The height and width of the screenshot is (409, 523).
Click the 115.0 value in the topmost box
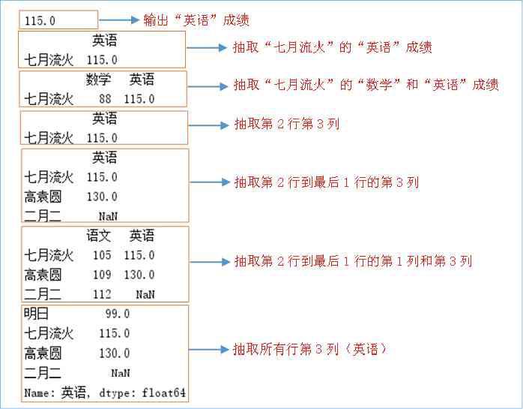[40, 21]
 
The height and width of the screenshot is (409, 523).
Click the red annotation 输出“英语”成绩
[196, 20]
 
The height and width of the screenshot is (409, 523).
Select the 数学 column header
[99, 79]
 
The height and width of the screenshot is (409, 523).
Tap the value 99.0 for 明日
[117, 314]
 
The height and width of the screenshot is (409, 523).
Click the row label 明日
[36, 314]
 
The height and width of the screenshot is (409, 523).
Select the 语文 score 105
[102, 255]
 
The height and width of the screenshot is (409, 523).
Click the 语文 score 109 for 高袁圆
[102, 275]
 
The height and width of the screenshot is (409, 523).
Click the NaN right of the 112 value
[145, 294]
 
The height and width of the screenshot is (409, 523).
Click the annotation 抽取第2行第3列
[287, 124]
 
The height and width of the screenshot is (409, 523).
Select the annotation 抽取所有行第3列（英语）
[309, 349]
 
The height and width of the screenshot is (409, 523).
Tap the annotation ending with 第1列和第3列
[353, 261]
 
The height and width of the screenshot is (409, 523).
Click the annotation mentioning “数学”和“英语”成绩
[366, 85]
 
